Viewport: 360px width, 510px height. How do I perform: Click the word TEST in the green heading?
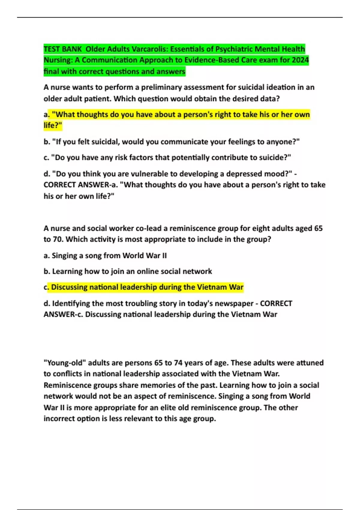[x=52, y=49]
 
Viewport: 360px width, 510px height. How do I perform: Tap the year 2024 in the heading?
[x=300, y=60]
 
